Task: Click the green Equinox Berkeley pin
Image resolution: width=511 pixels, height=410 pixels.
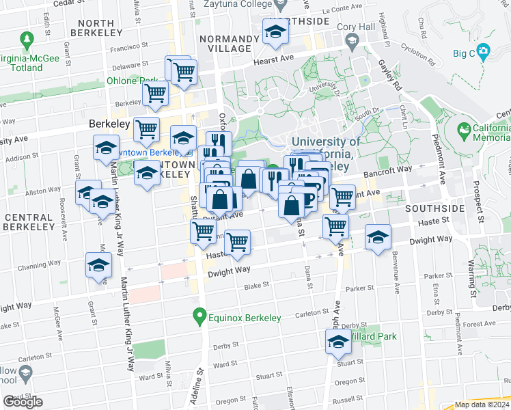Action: click(x=199, y=316)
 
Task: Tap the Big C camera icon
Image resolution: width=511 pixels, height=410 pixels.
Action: click(x=484, y=51)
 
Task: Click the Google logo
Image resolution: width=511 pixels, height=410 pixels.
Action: click(x=23, y=402)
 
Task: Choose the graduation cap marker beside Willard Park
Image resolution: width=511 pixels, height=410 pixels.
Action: click(x=338, y=343)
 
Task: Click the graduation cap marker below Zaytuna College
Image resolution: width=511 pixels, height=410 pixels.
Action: click(x=275, y=31)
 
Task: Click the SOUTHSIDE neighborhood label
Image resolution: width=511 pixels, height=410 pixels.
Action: click(x=434, y=207)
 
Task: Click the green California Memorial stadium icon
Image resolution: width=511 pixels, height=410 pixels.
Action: click(x=464, y=129)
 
